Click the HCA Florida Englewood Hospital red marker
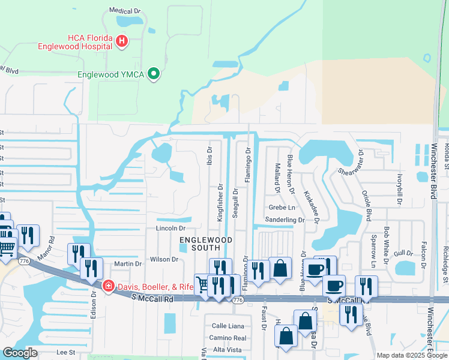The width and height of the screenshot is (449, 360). click(122, 41)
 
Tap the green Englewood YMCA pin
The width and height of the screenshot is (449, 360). click(154, 74)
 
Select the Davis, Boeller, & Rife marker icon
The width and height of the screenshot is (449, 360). click(108, 286)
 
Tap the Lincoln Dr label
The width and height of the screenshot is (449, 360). click(170, 229)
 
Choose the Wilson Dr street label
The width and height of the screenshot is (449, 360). click(164, 259)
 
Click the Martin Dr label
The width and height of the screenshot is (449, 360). click(127, 263)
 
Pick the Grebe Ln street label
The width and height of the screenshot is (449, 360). click(282, 208)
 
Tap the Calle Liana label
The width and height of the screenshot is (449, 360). click(228, 326)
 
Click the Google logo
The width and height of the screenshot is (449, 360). click(20, 353)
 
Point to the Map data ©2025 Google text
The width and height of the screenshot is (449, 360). click(412, 355)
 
